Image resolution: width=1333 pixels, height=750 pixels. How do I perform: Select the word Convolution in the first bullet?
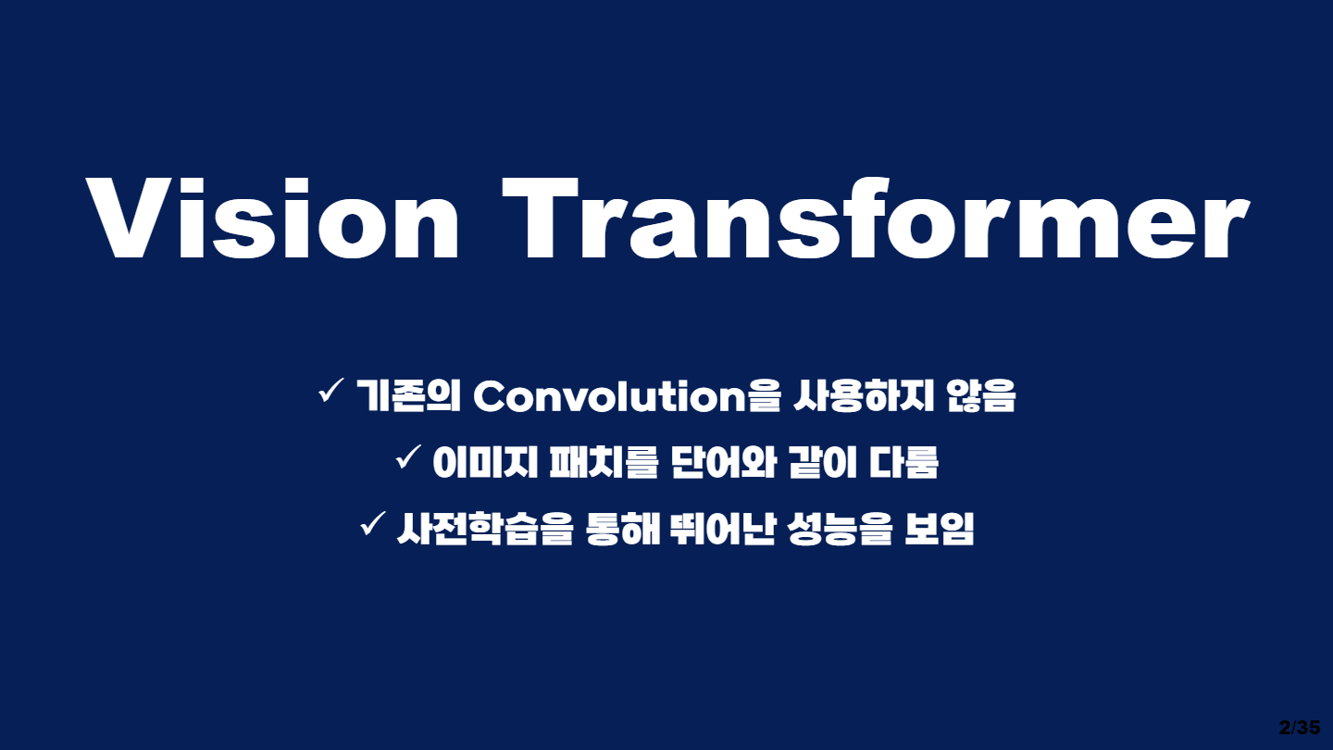coord(609,397)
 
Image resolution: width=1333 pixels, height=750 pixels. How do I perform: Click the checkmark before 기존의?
coord(330,393)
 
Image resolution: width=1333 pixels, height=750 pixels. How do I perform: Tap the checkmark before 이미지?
coord(408,458)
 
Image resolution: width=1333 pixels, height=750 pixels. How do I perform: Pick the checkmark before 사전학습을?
coord(372,526)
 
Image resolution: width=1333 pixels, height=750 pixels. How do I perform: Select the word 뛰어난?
coord(718,529)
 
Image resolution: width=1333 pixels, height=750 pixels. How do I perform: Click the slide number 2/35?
coord(1299,727)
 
